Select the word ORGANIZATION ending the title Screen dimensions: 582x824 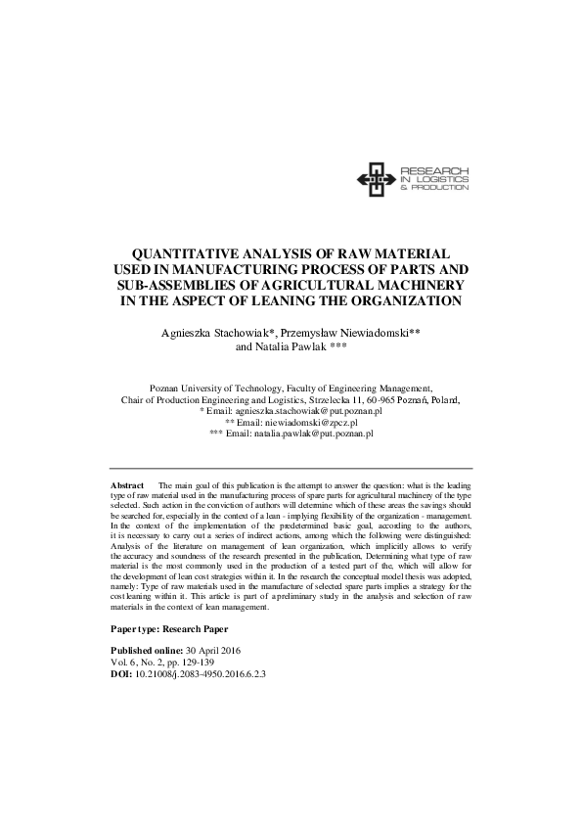393,301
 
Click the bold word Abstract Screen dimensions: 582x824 127,485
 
